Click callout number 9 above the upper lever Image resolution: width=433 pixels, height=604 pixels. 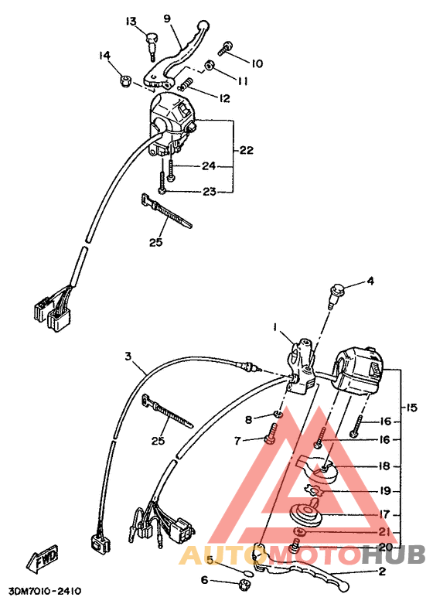[165, 18]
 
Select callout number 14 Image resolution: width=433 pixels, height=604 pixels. [104, 56]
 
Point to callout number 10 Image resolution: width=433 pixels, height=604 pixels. [257, 63]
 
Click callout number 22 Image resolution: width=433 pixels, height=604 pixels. [246, 150]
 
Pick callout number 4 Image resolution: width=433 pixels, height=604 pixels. [370, 281]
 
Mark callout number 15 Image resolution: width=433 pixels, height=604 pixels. [411, 407]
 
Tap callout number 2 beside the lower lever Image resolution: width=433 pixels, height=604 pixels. [381, 572]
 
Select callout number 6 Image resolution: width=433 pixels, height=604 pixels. [205, 580]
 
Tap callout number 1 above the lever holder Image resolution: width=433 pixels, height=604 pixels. [273, 328]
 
